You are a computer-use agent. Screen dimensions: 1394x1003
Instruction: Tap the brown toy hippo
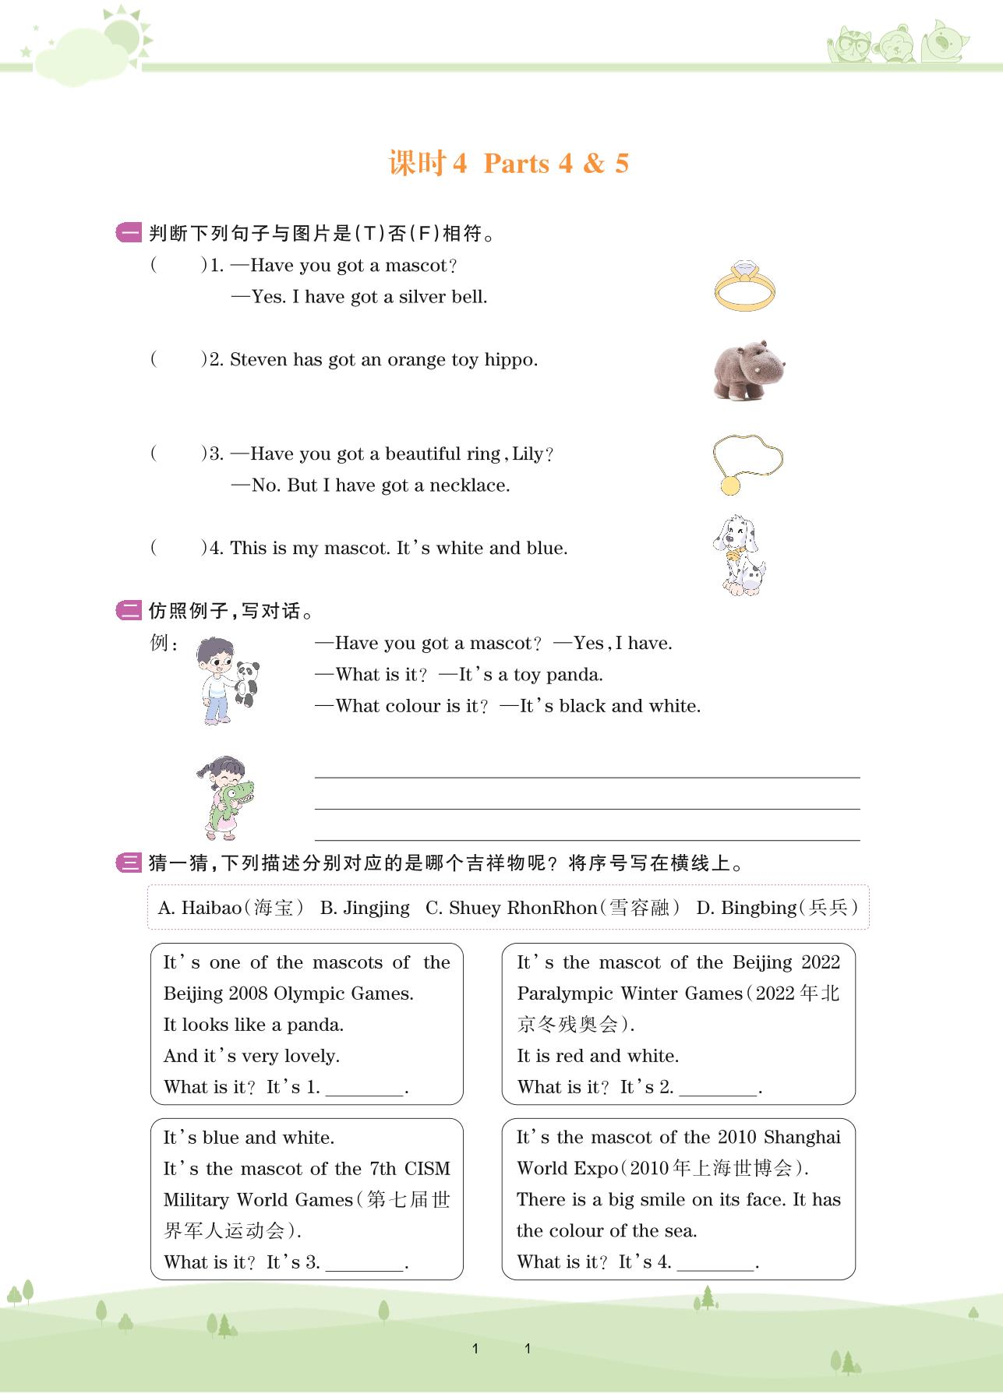[747, 369]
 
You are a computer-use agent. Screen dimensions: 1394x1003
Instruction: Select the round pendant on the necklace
[730, 485]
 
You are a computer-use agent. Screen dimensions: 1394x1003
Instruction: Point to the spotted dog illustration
[737, 554]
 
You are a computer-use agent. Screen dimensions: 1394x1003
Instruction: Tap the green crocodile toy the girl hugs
[234, 801]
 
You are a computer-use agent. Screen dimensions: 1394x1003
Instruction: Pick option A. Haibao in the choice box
[231, 908]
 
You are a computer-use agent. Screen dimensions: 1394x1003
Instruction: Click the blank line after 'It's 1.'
[365, 1089]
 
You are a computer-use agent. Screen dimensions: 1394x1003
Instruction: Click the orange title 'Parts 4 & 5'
[556, 164]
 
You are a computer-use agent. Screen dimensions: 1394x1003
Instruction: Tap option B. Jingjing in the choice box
[365, 908]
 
